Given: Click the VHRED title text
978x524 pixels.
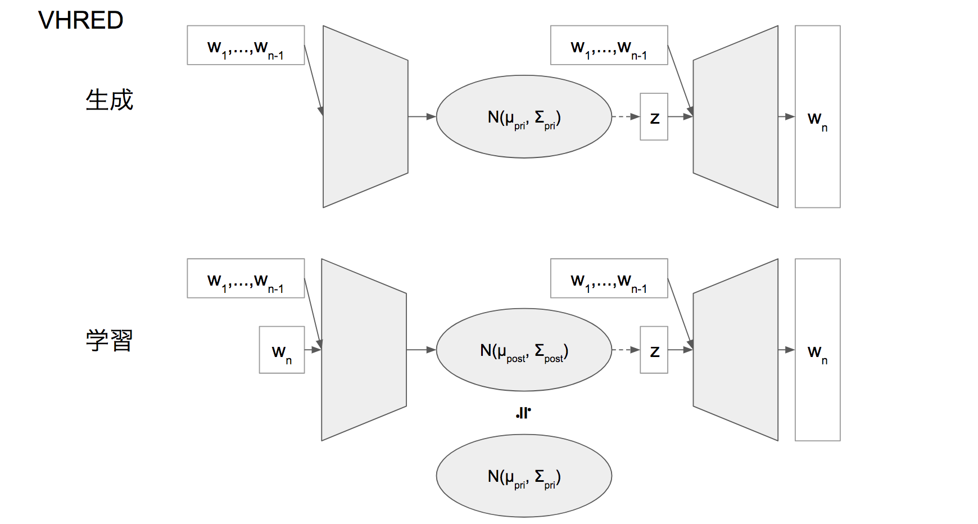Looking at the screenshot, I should coord(80,20).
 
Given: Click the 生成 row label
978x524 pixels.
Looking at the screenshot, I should coord(109,100).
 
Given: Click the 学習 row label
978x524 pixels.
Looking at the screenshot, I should coord(109,341).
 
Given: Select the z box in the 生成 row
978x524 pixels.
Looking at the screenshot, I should coord(654,117).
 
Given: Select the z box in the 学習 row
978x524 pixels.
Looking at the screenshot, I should coord(654,350).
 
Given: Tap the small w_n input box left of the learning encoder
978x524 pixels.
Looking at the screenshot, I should coord(282,350).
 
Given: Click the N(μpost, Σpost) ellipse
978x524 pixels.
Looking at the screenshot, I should coord(524,350).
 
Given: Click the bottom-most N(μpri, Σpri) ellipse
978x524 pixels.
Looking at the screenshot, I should coord(524,476).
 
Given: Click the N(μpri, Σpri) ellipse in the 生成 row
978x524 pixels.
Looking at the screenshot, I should coord(524,117).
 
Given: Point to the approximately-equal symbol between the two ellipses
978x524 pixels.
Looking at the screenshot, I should coord(523,413).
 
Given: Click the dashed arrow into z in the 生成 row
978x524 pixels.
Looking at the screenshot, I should coord(625,116).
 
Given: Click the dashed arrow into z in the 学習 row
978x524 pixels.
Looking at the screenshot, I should coord(625,350).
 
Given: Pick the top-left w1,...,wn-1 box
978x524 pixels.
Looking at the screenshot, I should coord(246,46).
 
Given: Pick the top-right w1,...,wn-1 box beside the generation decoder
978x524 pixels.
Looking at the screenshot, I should coord(609,46).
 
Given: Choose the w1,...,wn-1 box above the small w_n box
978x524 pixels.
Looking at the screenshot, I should coord(246,278).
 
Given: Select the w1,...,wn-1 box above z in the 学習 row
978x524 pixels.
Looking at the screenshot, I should coord(609,278).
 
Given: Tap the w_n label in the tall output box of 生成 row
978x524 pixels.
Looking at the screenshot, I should coord(817,119).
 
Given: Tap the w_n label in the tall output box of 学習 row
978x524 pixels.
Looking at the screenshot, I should coord(817,353).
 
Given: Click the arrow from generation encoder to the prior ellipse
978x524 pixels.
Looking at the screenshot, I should coord(422,116).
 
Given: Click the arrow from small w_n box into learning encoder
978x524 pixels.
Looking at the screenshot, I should coord(313,350).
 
